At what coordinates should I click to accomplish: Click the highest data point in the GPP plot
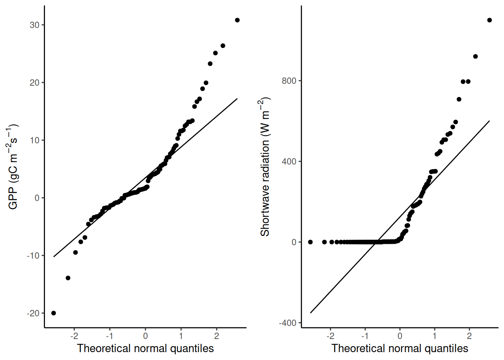pyautogui.click(x=237, y=20)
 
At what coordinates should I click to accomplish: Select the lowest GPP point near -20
pyautogui.click(x=54, y=313)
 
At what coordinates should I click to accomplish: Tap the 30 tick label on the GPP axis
pyautogui.click(x=34, y=25)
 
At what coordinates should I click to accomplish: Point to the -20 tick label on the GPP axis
pyautogui.click(x=33, y=313)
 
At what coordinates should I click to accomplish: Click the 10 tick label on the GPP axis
pyautogui.click(x=34, y=140)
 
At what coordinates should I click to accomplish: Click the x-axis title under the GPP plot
pyautogui.click(x=145, y=348)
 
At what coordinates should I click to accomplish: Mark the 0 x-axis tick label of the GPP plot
pyautogui.click(x=145, y=336)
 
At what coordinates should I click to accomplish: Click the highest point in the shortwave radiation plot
pyautogui.click(x=489, y=20)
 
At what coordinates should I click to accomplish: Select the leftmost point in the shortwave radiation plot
pyautogui.click(x=310, y=242)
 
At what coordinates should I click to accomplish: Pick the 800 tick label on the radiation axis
pyautogui.click(x=289, y=81)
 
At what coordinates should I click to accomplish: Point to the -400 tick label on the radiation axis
pyautogui.click(x=287, y=323)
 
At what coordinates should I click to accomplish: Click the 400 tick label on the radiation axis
pyautogui.click(x=289, y=161)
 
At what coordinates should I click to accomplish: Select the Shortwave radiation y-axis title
pyautogui.click(x=265, y=167)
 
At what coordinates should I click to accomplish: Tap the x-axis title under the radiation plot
pyautogui.click(x=400, y=348)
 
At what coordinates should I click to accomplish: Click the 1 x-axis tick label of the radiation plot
pyautogui.click(x=435, y=336)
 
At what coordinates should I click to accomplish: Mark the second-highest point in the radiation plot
pyautogui.click(x=475, y=57)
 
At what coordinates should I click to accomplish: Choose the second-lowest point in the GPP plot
pyautogui.click(x=68, y=278)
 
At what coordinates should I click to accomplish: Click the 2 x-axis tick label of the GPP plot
pyautogui.click(x=217, y=336)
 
